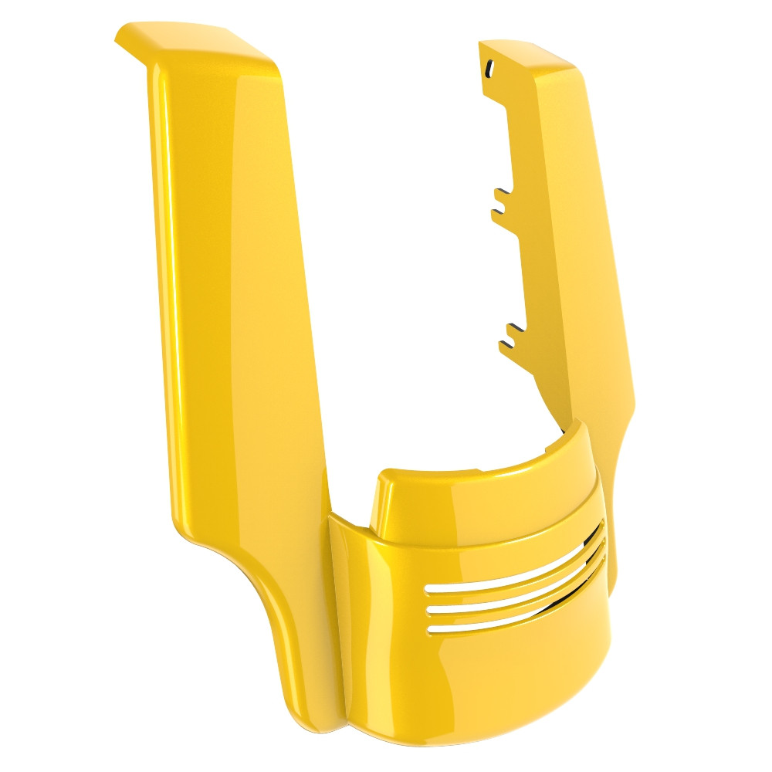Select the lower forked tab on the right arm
tap(510, 336)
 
